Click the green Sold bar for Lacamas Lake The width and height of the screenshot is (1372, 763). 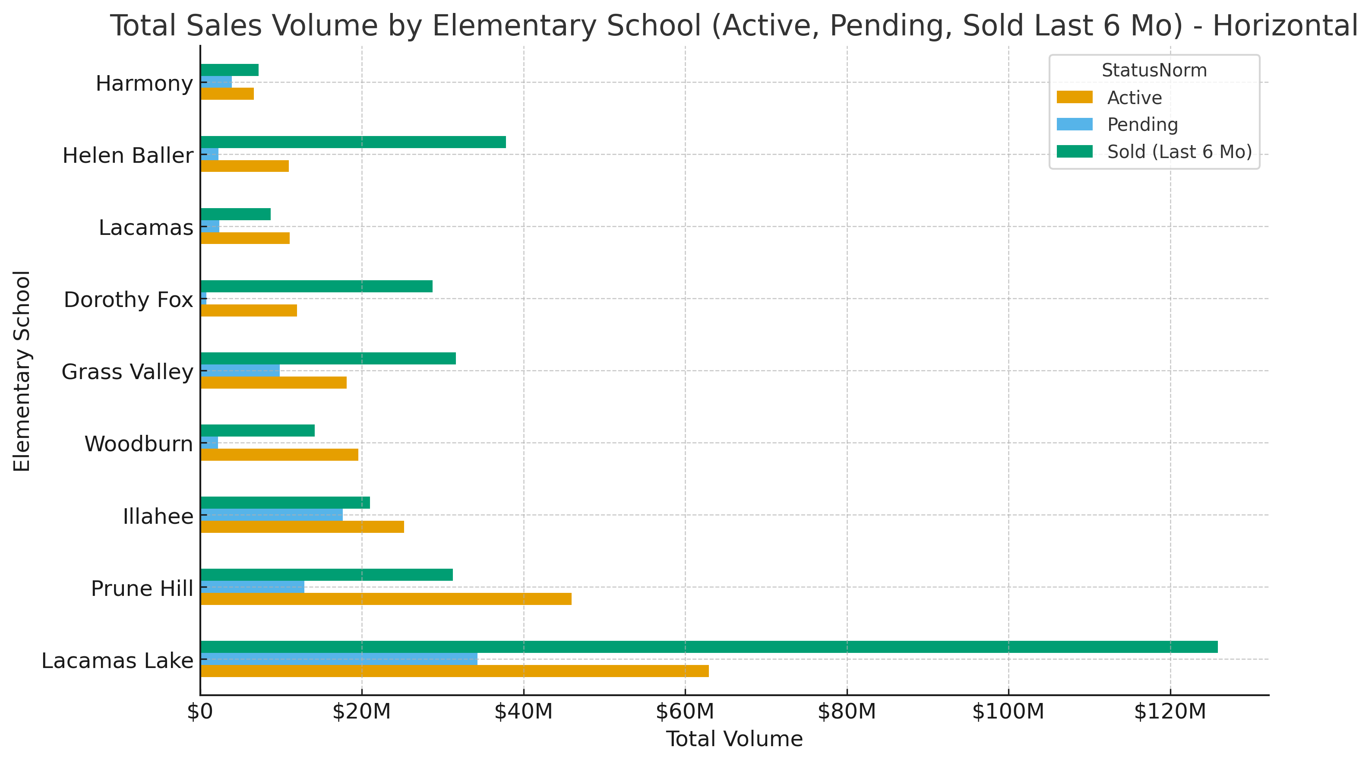[x=708, y=647]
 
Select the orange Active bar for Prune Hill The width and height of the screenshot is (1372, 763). [x=386, y=599]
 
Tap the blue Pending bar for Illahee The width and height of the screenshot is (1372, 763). [x=272, y=515]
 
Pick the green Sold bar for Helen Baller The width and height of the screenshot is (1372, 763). [x=353, y=142]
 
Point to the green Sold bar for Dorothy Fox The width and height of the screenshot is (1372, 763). [x=316, y=287]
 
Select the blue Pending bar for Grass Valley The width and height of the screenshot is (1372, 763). [x=240, y=370]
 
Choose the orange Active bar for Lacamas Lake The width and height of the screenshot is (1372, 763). [x=454, y=671]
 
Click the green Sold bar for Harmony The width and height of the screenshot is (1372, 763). [x=230, y=70]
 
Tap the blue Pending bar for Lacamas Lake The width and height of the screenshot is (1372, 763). [x=339, y=659]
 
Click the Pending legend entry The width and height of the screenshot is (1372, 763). [x=1142, y=125]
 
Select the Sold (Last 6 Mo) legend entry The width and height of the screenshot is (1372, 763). [x=1179, y=152]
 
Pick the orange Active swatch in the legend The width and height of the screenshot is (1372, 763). [x=1074, y=97]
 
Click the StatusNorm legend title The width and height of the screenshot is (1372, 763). [x=1154, y=70]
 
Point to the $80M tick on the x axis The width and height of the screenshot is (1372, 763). [x=846, y=712]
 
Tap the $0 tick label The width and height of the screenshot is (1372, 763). [x=200, y=712]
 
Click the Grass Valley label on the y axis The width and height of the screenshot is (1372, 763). [x=127, y=371]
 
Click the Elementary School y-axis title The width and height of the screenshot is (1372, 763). [x=22, y=371]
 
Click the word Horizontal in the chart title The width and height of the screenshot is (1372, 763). [x=1285, y=25]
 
